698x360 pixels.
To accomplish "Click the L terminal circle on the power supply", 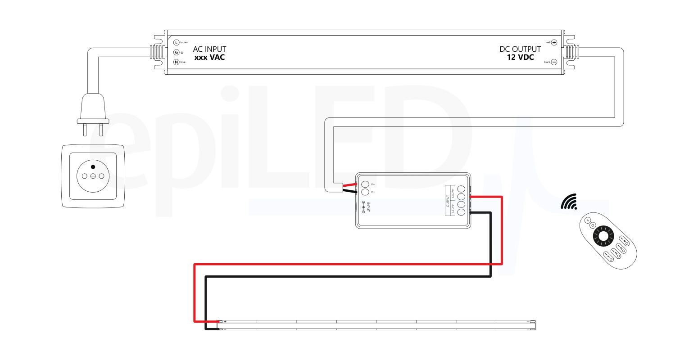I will pyautogui.click(x=177, y=42).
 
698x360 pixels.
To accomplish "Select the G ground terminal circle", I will pyautogui.click(x=177, y=52).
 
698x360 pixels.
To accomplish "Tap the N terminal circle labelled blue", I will pyautogui.click(x=177, y=62).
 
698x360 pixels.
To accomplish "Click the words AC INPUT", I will pyautogui.click(x=209, y=49).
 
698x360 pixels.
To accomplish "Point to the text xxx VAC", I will pyautogui.click(x=209, y=58).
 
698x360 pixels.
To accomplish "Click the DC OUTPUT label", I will pyautogui.click(x=520, y=49).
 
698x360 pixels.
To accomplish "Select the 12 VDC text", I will pyautogui.click(x=520, y=58).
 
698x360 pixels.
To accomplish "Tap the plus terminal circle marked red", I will pyautogui.click(x=554, y=42).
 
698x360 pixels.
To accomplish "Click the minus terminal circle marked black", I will pyautogui.click(x=554, y=62).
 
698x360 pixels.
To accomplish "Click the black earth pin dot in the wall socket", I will pyautogui.click(x=93, y=167).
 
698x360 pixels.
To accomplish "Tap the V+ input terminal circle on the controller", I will pyautogui.click(x=365, y=184).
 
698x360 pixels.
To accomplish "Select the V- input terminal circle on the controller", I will pyautogui.click(x=365, y=192).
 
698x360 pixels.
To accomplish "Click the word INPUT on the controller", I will pyautogui.click(x=368, y=207).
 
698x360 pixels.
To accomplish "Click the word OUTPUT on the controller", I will pyautogui.click(x=448, y=200).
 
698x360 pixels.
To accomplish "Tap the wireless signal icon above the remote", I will pyautogui.click(x=569, y=202).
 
